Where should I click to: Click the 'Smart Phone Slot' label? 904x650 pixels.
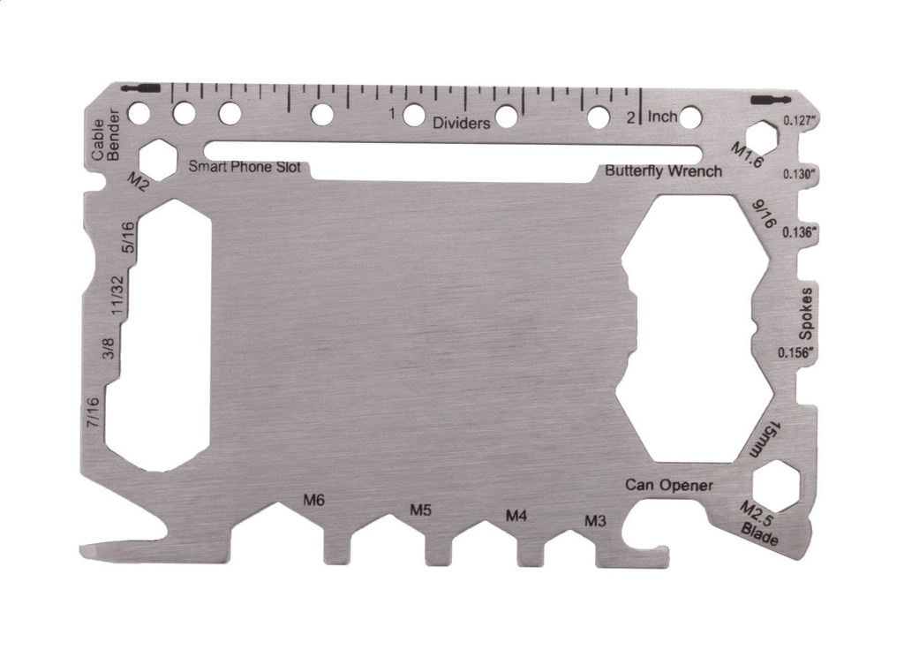245,167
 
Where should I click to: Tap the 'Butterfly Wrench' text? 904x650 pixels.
663,170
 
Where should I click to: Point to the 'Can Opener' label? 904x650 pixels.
669,485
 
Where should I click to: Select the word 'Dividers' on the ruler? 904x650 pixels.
461,124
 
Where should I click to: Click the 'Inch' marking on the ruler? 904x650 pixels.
662,117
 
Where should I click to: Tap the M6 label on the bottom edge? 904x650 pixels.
314,501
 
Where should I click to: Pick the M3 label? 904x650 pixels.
596,520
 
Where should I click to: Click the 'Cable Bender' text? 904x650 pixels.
104,134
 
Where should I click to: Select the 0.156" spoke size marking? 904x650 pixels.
797,352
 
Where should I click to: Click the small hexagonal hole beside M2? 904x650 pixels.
158,157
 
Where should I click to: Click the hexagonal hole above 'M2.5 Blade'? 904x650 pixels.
776,486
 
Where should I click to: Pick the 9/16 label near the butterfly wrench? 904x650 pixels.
763,215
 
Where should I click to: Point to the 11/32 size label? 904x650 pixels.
116,295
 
